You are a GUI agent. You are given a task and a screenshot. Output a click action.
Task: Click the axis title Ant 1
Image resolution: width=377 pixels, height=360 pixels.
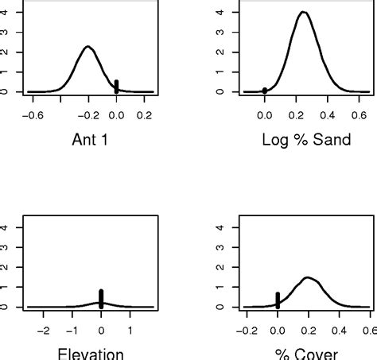point(89,140)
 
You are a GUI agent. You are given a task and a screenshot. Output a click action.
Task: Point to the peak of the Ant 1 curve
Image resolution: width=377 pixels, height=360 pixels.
point(88,47)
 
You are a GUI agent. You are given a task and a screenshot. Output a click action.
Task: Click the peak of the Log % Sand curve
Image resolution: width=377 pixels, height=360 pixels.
point(303,12)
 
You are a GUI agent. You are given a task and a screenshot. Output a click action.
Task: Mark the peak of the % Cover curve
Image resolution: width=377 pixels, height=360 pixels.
point(309,277)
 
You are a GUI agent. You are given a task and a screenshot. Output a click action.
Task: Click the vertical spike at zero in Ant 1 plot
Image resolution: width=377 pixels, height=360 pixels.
point(116,86)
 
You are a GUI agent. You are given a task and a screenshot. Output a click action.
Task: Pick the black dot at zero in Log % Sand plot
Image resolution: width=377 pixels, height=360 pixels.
point(265,90)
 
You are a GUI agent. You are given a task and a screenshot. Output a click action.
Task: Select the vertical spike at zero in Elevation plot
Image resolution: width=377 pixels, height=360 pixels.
point(101,298)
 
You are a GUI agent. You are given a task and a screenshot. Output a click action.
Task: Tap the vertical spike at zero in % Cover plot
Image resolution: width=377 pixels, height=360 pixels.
point(278,300)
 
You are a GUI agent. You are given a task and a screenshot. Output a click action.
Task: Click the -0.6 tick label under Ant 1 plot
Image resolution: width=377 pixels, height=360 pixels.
point(32,114)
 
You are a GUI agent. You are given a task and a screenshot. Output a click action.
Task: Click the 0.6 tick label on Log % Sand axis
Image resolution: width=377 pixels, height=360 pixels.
point(360,114)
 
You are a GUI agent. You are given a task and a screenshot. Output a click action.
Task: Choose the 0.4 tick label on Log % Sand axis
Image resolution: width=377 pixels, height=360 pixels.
point(329,114)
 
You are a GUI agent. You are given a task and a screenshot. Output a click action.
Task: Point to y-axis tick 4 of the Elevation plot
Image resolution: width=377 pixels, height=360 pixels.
point(9,227)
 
